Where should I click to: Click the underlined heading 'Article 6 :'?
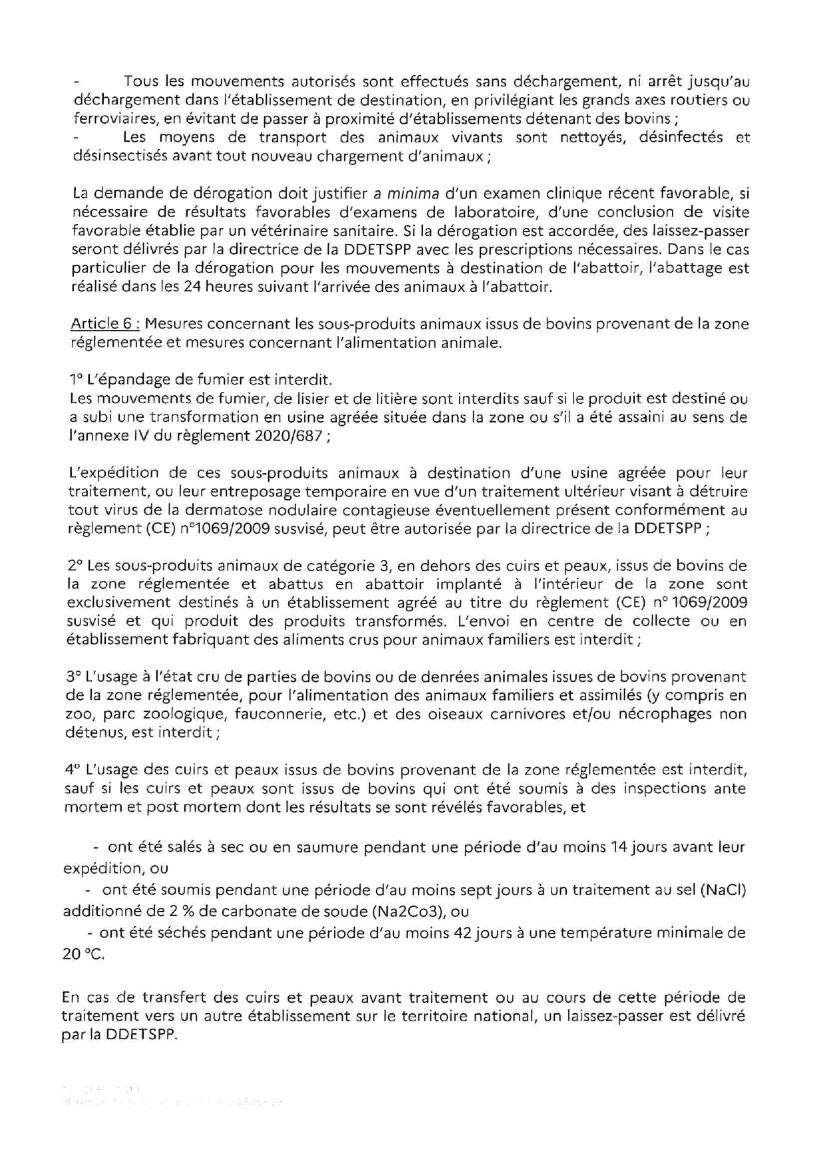pyautogui.click(x=104, y=324)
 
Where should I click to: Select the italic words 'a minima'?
pyautogui.click(x=406, y=194)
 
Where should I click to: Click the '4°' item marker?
pyautogui.click(x=72, y=770)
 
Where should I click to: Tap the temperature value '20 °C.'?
pyautogui.click(x=83, y=954)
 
